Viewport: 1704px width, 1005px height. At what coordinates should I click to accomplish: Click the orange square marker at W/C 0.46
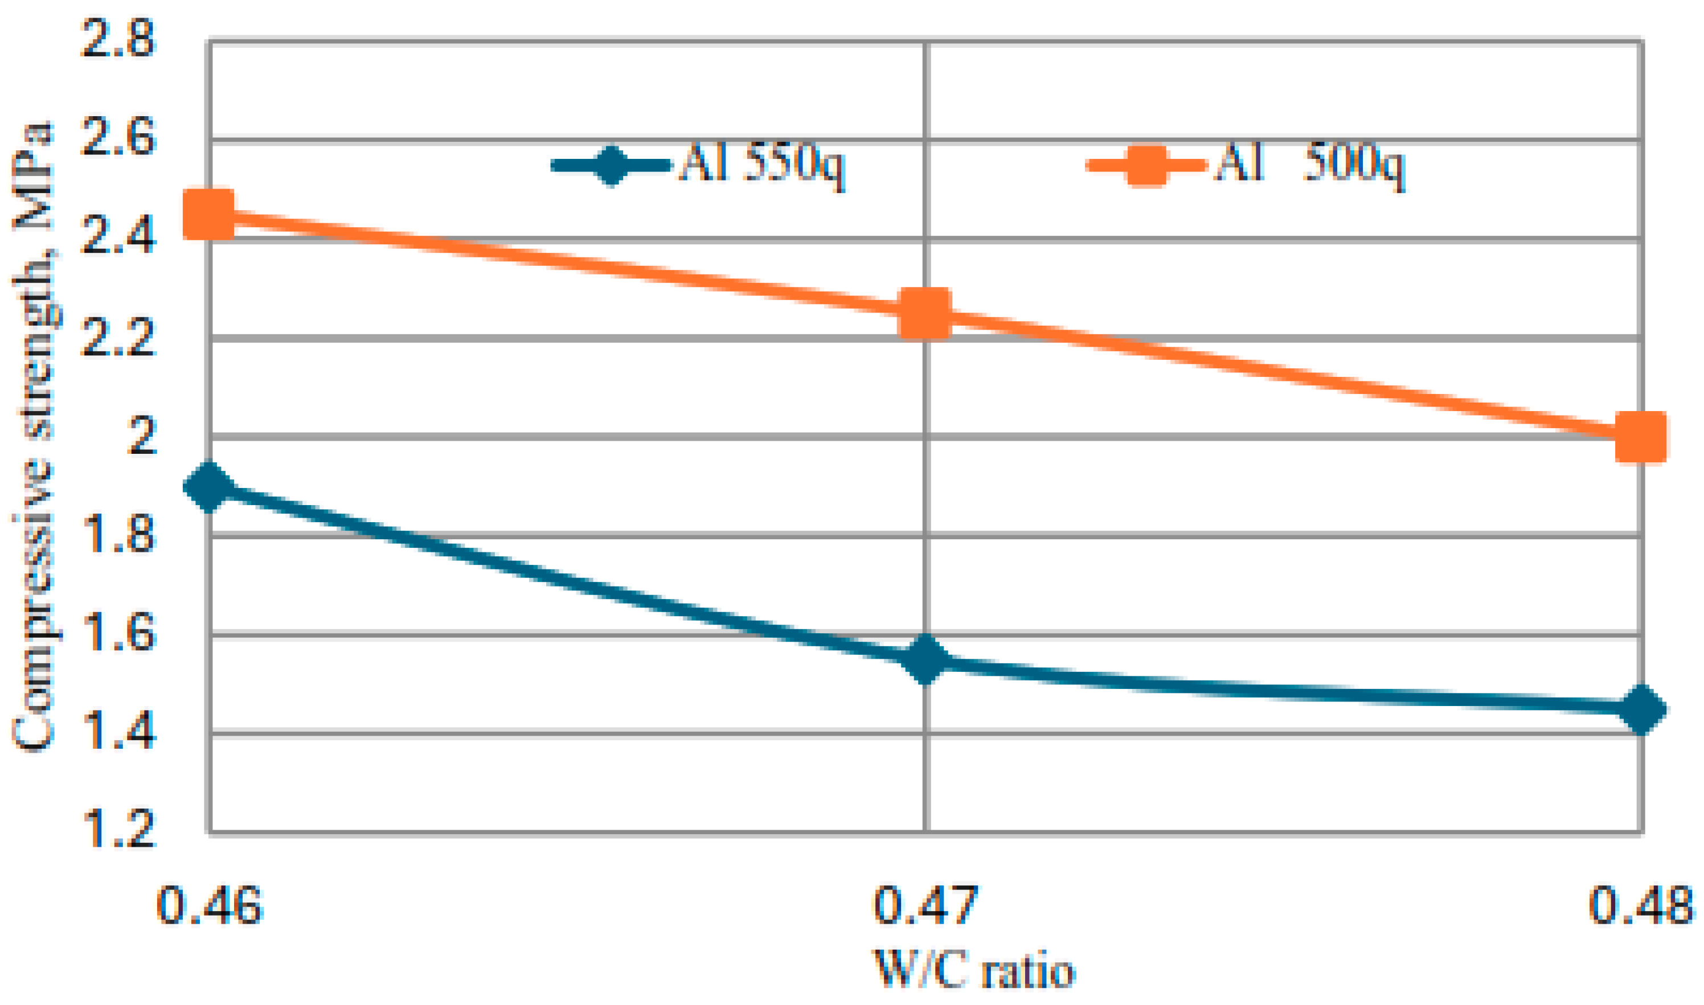click(208, 214)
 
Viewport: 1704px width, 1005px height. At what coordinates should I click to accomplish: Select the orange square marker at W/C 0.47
click(924, 313)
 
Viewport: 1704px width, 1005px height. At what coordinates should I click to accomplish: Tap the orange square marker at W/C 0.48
click(1640, 437)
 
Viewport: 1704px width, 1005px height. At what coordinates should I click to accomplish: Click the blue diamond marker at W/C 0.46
click(208, 487)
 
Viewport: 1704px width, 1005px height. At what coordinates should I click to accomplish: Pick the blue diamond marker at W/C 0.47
click(924, 659)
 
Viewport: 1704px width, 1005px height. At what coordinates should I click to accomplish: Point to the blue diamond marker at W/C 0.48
click(1640, 709)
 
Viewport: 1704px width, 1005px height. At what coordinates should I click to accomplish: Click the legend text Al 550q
click(762, 165)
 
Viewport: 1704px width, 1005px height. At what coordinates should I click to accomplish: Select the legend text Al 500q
click(1309, 165)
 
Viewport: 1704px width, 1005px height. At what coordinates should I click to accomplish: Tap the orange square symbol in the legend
click(1146, 166)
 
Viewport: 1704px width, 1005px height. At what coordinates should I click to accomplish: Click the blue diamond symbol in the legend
click(611, 166)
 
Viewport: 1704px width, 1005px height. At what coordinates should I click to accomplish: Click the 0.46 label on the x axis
click(208, 906)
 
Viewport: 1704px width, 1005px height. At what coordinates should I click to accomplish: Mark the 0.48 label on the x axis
click(1640, 906)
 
